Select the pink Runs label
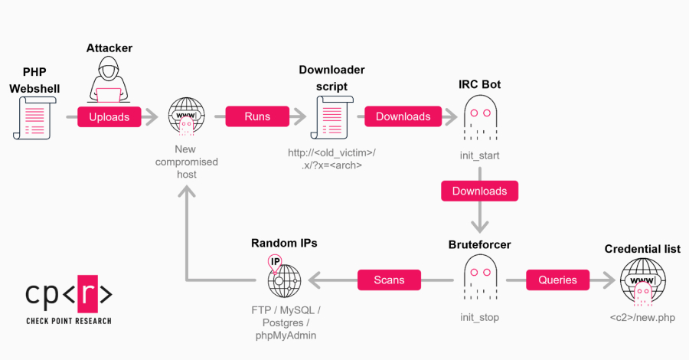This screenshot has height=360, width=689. tap(256, 117)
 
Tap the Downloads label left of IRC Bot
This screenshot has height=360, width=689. tap(403, 117)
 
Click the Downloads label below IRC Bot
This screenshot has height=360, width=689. tap(479, 191)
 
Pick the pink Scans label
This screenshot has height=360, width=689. tap(389, 280)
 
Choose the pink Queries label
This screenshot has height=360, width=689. tap(557, 280)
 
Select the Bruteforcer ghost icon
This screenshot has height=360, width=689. tap(480, 280)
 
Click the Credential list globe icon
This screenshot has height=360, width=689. tap(642, 281)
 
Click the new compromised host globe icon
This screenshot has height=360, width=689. tap(186, 117)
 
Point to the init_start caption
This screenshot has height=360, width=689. tap(480, 155)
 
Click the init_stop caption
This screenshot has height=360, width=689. tap(480, 317)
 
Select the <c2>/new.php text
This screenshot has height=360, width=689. tap(642, 317)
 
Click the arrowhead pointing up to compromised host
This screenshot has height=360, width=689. tap(186, 195)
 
